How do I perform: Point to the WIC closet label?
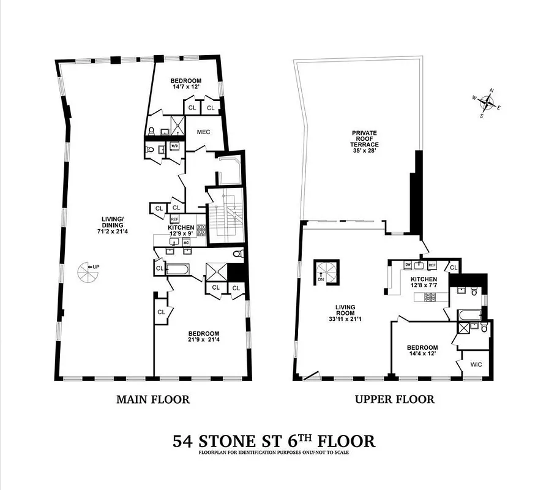pyautogui.click(x=476, y=364)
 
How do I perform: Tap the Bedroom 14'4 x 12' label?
pyautogui.click(x=422, y=350)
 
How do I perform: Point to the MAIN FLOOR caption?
pyautogui.click(x=153, y=399)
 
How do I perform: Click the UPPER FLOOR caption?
pyautogui.click(x=395, y=399)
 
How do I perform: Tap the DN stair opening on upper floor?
pyautogui.click(x=323, y=271)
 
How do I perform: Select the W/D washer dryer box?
pyautogui.click(x=174, y=146)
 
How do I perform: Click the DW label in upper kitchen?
pyautogui.click(x=407, y=265)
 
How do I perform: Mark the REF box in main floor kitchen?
pyautogui.click(x=174, y=219)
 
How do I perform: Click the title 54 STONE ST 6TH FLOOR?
pyautogui.click(x=274, y=440)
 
